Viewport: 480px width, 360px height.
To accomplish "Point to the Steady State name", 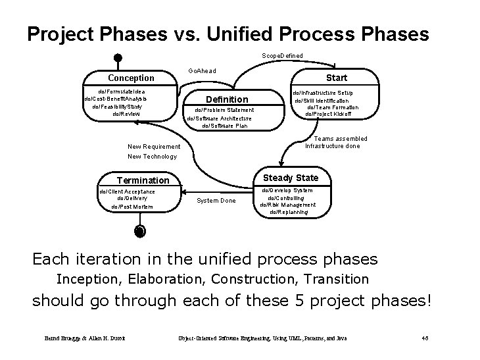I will [290, 178].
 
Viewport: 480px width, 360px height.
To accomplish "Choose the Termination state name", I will [143, 180].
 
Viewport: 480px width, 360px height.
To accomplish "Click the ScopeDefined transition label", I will [282, 56].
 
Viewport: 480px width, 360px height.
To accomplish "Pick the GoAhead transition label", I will [201, 70].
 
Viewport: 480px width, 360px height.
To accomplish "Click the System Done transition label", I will [216, 201].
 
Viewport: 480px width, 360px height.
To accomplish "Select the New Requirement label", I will [154, 146].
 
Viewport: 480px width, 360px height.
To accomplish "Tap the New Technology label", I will [152, 157].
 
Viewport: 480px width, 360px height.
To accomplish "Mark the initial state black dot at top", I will [116, 57].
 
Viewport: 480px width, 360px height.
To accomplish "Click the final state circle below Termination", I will [139, 230].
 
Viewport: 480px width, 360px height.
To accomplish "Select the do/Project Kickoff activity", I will [328, 115].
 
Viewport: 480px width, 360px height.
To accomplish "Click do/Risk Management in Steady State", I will [287, 205].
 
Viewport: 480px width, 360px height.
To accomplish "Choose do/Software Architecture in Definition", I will [219, 118].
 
